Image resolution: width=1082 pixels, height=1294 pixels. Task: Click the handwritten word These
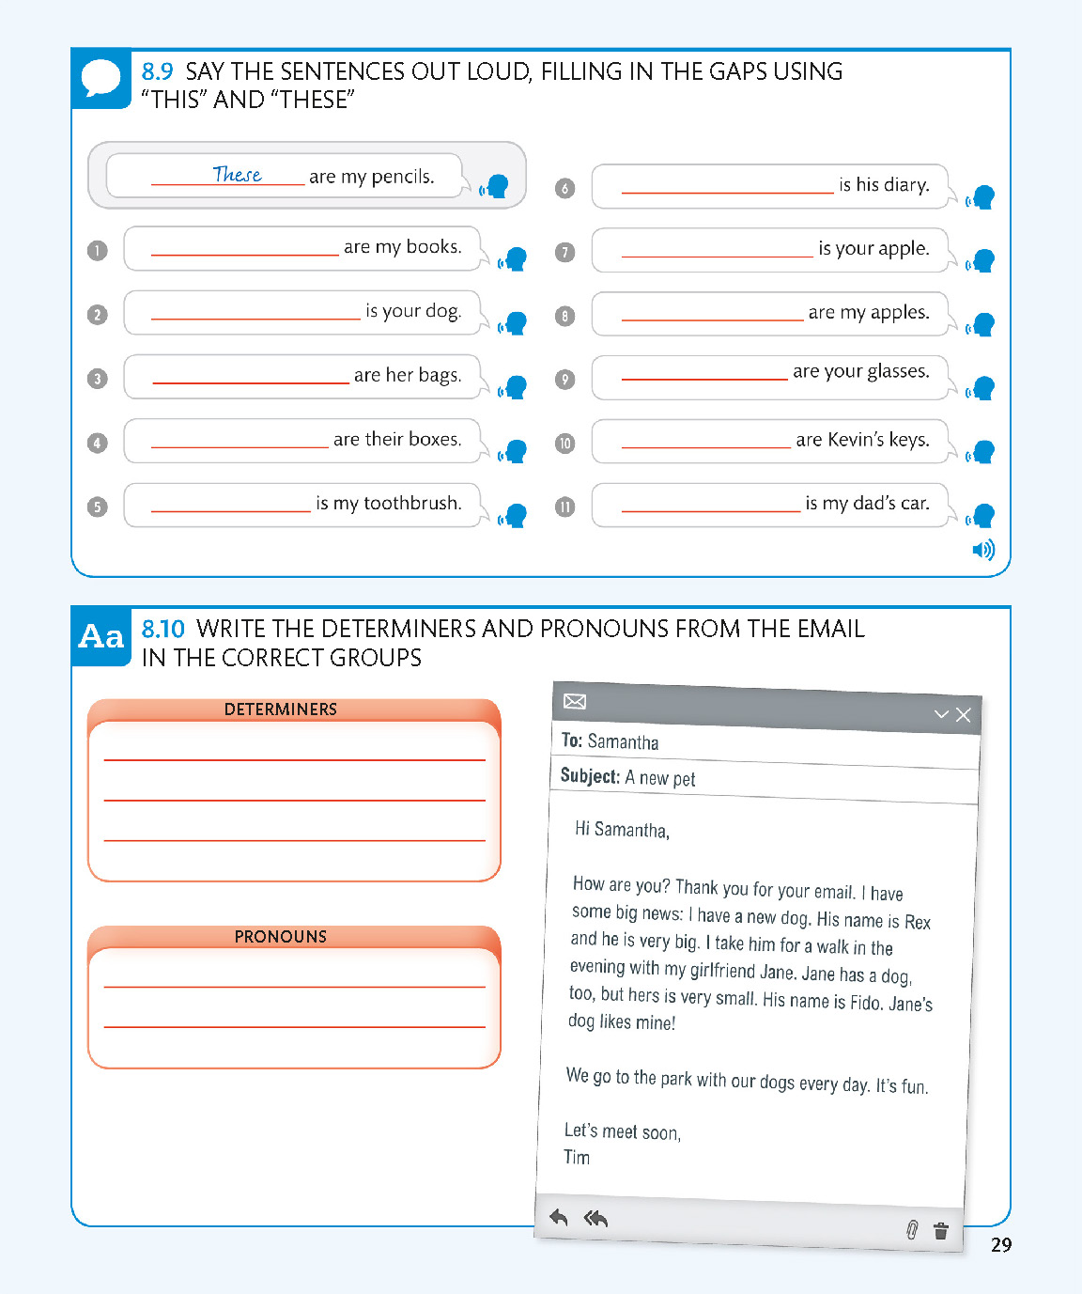coord(237,174)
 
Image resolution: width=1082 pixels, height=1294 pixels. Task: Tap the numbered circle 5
coord(97,507)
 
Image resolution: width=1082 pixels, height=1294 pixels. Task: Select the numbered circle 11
coord(564,507)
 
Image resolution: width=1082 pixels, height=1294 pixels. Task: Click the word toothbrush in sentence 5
coord(412,503)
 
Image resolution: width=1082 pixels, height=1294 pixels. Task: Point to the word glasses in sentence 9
coord(885,371)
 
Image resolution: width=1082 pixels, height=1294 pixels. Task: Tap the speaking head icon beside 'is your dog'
coord(514,322)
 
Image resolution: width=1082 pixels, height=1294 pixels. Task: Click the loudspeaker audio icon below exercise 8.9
coord(982,550)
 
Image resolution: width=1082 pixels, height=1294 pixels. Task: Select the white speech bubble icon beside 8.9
coord(101,78)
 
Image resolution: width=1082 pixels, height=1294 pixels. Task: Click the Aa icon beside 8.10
coord(101,636)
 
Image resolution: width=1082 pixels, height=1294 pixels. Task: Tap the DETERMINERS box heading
coord(280,709)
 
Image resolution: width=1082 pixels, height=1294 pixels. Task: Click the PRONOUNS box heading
coord(280,937)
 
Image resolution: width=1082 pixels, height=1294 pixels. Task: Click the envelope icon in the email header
coord(575,701)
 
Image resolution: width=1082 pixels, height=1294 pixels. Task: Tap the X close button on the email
coord(963,715)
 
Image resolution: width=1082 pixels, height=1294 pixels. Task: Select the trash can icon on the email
coord(941,1230)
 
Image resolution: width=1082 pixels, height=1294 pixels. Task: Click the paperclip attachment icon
coord(911,1229)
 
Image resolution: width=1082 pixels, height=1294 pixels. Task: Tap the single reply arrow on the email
coord(559,1218)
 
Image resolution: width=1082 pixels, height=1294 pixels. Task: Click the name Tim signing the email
coord(577,1157)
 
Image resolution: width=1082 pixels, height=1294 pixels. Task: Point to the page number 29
coord(1001,1245)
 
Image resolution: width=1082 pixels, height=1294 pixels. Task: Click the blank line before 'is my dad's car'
coord(710,509)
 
